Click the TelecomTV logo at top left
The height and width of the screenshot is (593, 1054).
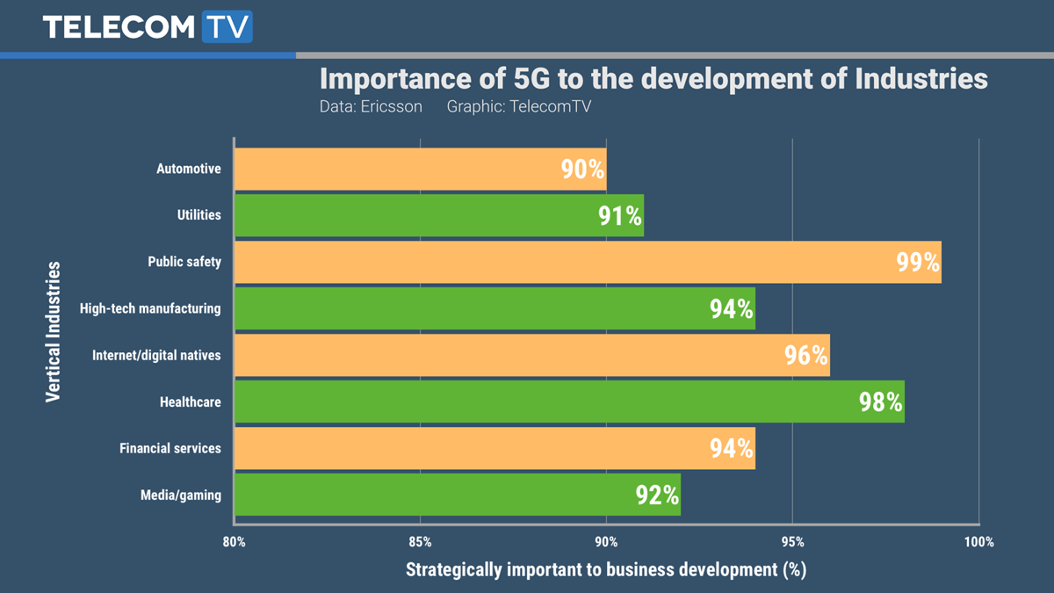[147, 26]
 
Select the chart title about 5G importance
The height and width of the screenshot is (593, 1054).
[653, 78]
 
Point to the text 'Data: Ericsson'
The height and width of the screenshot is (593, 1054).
[371, 107]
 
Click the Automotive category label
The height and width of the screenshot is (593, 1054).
[189, 169]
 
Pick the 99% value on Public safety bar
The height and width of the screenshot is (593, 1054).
[918, 263]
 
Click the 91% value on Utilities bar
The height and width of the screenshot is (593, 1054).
[620, 216]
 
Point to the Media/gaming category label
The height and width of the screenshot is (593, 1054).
[181, 495]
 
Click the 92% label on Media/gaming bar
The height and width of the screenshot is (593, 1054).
[657, 495]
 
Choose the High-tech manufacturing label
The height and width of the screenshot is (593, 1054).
[150, 308]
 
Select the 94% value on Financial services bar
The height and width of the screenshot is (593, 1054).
[732, 448]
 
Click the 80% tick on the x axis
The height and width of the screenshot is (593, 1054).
[235, 542]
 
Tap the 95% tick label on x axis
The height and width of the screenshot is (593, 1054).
[792, 542]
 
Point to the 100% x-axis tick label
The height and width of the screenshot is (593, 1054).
[978, 542]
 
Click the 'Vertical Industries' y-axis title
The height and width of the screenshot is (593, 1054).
[54, 331]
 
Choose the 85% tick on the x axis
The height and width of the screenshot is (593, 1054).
[421, 542]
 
